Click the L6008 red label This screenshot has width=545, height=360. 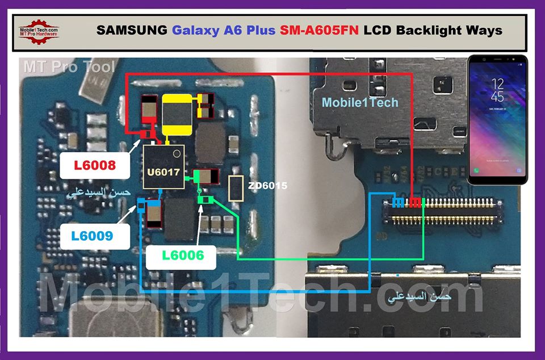pos(95,166)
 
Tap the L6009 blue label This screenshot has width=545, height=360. pos(95,235)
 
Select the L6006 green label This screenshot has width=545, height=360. pos(182,256)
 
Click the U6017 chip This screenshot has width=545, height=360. pos(162,168)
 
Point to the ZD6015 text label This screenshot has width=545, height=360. pos(267,186)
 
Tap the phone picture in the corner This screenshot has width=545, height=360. pos(497,119)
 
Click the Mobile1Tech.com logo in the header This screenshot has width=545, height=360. pos(39,30)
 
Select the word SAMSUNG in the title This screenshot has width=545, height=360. pos(132,30)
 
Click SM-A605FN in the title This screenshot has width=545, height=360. pos(319,30)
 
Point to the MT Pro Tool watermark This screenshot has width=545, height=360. pos(69,67)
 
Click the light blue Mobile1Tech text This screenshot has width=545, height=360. pos(360,103)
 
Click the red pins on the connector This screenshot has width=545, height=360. pos(416,203)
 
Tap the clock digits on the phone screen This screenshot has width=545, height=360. pos(497,90)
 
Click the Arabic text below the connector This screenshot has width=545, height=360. pos(418,296)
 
